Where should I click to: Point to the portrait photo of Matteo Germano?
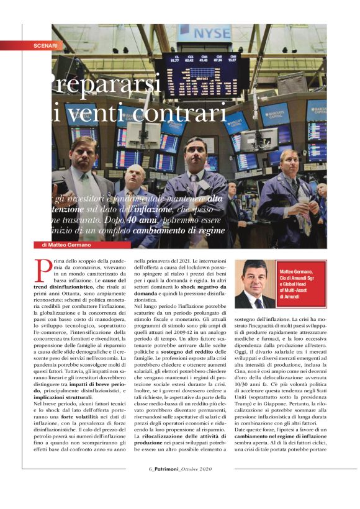254,284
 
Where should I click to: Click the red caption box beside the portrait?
300,284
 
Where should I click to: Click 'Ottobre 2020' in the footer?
197,485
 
